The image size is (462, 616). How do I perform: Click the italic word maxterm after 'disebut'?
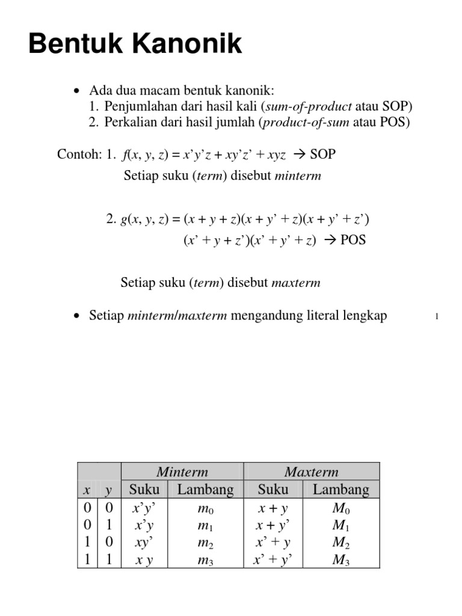[296, 283]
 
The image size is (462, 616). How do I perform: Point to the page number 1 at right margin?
[436, 317]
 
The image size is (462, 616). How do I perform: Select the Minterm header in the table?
[182, 472]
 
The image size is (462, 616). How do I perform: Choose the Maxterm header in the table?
[311, 472]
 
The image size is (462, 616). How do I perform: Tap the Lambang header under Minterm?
[205, 490]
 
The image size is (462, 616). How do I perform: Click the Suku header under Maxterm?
[273, 490]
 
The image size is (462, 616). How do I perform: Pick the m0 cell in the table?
[205, 509]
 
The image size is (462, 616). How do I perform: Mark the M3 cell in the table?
[341, 561]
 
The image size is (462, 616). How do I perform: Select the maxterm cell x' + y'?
[273, 561]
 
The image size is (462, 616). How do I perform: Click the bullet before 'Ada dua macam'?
[76, 91]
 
